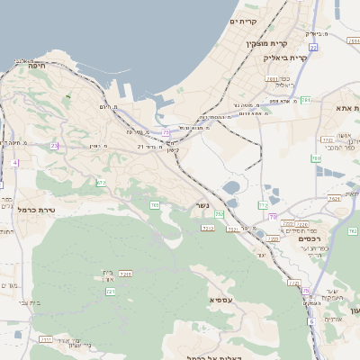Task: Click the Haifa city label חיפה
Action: [x=37, y=65]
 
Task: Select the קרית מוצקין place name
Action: [x=267, y=42]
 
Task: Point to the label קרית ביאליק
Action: [x=286, y=57]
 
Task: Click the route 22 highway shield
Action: [x=313, y=46]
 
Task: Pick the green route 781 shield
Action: [x=305, y=100]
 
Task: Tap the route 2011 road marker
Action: [x=270, y=79]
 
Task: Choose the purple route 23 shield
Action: [x=54, y=145]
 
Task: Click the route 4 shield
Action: [x=14, y=163]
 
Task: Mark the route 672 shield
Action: [x=101, y=183]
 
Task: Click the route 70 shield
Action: [x=272, y=217]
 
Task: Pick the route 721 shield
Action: [x=111, y=292]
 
